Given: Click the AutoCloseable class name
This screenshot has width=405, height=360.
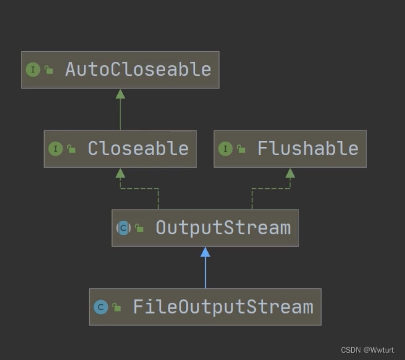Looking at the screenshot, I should point(138,69).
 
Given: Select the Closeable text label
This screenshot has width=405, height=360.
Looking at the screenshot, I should point(138,148).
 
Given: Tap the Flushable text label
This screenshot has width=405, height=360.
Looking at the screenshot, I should point(308,148).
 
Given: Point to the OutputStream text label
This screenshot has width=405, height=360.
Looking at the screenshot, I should point(223,228).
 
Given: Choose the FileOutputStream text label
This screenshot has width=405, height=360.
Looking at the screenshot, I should point(223,307).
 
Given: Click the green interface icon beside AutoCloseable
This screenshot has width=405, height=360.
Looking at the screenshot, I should point(33,69).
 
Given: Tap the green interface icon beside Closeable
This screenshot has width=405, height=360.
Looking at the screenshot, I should point(55,148).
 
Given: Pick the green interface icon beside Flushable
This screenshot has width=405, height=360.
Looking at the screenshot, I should point(225,148).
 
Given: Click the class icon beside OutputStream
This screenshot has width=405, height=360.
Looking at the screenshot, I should point(123,228).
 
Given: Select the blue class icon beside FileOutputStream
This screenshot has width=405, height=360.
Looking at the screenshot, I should point(101,307).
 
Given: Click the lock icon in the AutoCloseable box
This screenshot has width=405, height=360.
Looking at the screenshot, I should point(49,70).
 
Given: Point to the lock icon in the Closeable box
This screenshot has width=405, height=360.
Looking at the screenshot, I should point(71,149).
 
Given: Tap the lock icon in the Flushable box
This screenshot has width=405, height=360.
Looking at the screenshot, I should point(241,149).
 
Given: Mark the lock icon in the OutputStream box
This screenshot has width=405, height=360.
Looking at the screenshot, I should point(139,228).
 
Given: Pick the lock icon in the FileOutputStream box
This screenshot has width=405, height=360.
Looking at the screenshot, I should point(117,307).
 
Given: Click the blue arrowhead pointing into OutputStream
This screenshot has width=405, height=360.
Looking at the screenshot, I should point(205,252).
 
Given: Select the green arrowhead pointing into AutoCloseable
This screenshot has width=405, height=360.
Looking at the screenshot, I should point(120,94).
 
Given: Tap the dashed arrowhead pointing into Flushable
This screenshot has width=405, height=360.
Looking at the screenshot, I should point(290,173).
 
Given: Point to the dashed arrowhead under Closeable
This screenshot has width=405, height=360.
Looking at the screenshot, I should point(120,173).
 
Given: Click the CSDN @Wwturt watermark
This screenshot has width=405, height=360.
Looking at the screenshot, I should point(367,350).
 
